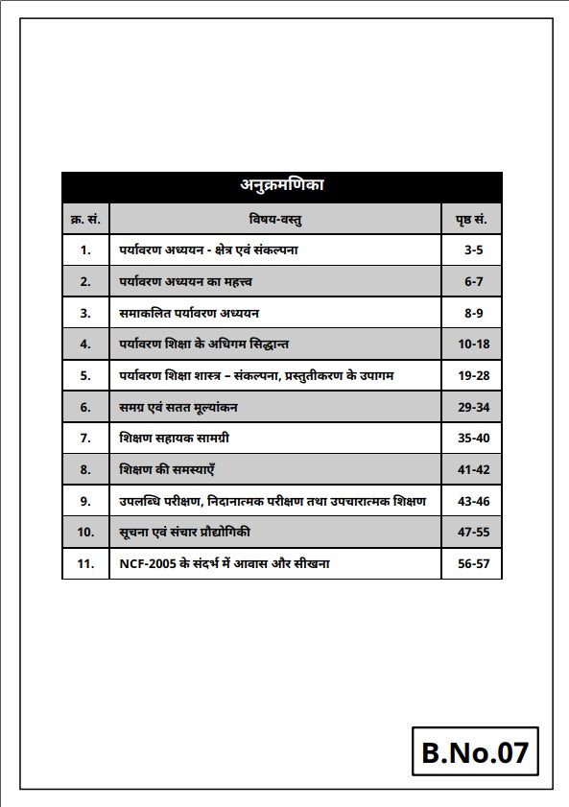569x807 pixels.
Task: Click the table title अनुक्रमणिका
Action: pyautogui.click(x=281, y=186)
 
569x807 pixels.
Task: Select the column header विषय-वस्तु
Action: pyautogui.click(x=276, y=220)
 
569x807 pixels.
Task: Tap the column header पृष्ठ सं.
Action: pyautogui.click(x=471, y=220)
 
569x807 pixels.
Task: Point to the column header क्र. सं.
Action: pyautogui.click(x=85, y=220)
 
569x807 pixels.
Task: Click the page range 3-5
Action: pyautogui.click(x=474, y=250)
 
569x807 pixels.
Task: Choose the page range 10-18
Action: pyautogui.click(x=474, y=344)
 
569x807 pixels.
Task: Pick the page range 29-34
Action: pyautogui.click(x=474, y=407)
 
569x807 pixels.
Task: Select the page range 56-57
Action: pyautogui.click(x=474, y=563)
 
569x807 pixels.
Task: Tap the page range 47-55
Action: pyautogui.click(x=474, y=532)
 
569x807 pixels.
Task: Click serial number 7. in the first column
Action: pyautogui.click(x=85, y=439)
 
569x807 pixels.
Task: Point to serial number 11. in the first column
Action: pyautogui.click(x=85, y=563)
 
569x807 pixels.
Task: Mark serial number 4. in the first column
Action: pyautogui.click(x=85, y=344)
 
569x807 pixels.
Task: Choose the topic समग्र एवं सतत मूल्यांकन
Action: pyautogui.click(x=178, y=407)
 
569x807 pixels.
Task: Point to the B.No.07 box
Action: pyautogui.click(x=475, y=751)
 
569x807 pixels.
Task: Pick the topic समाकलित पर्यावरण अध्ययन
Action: pyautogui.click(x=189, y=313)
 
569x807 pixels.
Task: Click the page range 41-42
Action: pyautogui.click(x=474, y=470)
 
